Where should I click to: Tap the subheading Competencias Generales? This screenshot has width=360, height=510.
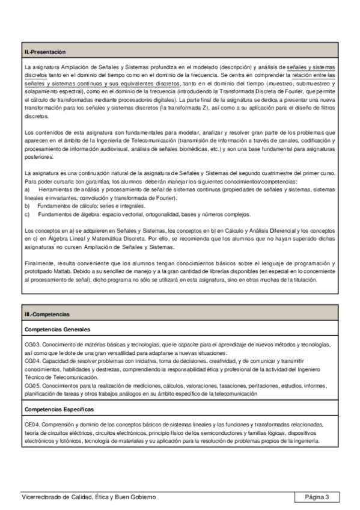pos(57,330)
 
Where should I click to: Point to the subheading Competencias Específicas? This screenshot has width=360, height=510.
pos(59,409)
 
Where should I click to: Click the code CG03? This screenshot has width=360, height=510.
pos(32,345)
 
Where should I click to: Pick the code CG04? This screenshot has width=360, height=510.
pos(32,361)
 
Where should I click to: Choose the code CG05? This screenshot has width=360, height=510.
pos(32,386)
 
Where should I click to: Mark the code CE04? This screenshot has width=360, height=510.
pos(32,425)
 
